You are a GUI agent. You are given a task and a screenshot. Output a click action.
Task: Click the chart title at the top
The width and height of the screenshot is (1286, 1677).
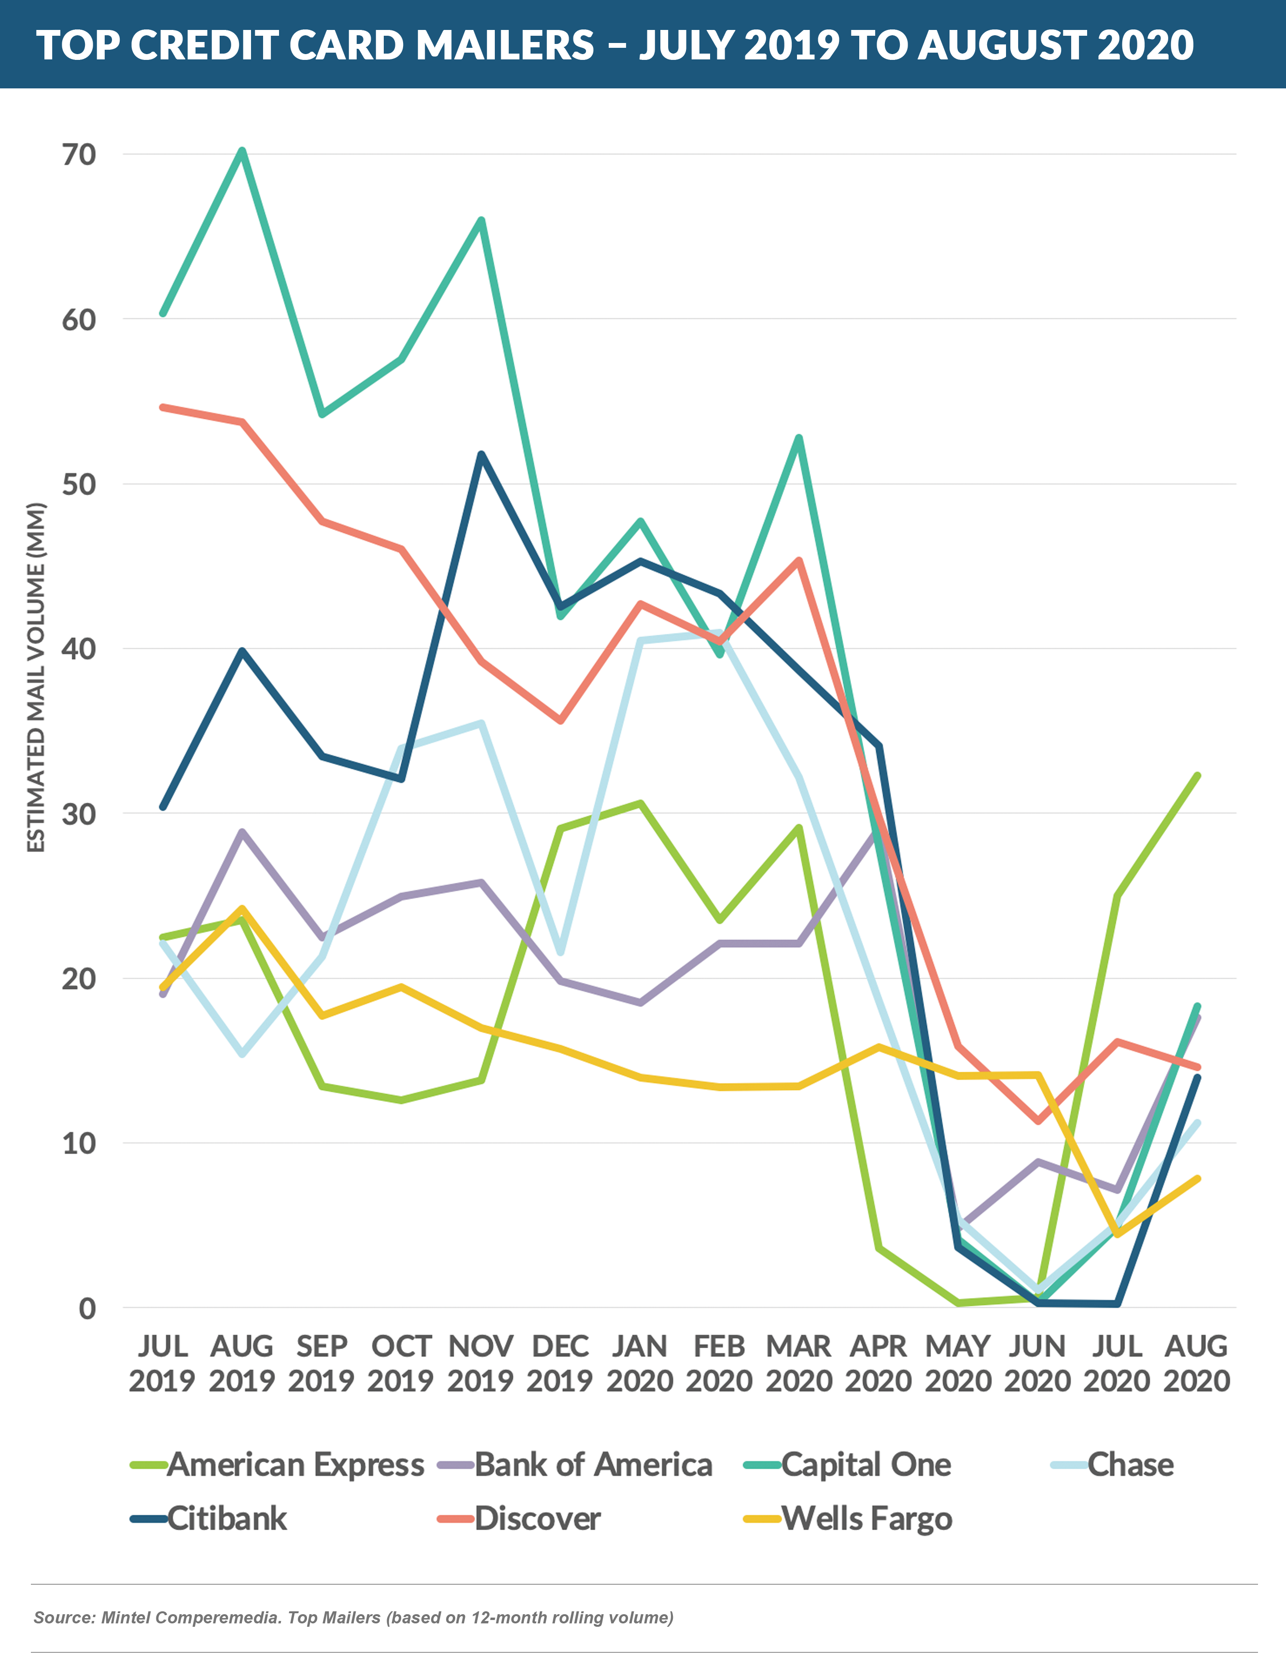click(x=615, y=44)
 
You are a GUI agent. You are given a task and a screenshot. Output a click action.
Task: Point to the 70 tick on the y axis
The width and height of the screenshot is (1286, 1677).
click(x=79, y=155)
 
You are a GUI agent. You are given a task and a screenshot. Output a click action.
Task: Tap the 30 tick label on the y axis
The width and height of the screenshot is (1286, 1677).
click(x=79, y=814)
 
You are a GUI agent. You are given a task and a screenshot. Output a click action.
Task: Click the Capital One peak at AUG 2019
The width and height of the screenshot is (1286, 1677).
click(x=242, y=150)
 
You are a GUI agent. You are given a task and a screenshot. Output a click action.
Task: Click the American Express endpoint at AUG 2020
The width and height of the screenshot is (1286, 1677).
click(x=1197, y=776)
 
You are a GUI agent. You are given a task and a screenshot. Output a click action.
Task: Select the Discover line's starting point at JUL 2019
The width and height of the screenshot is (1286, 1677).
click(x=162, y=407)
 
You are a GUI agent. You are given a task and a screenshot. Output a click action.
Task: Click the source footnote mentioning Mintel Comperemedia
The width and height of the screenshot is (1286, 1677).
click(x=354, y=1617)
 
